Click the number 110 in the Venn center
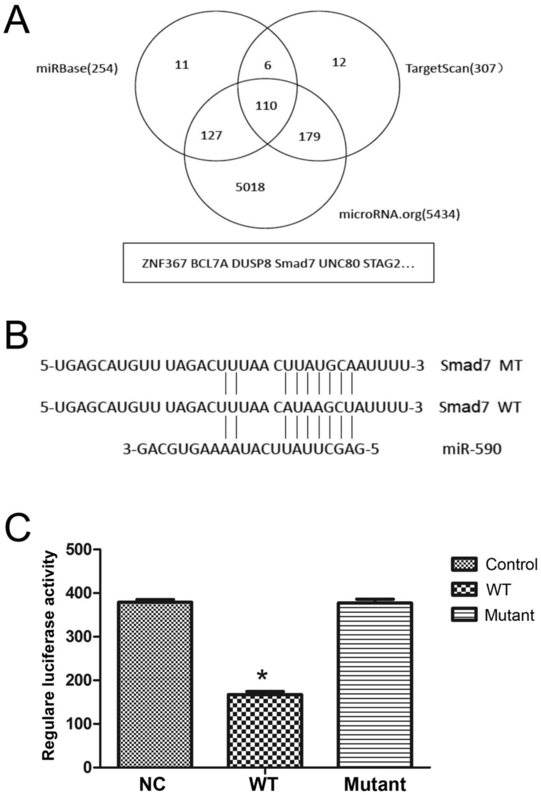tap(266, 106)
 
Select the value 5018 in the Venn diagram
tap(250, 187)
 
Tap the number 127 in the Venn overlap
tap(212, 136)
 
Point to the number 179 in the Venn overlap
tap(309, 137)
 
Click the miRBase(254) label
tap(77, 69)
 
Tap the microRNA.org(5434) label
tap(399, 215)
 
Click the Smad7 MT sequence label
tap(481, 366)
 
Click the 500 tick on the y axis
tap(78, 549)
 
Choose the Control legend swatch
tap(464, 565)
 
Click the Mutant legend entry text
tap(509, 616)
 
